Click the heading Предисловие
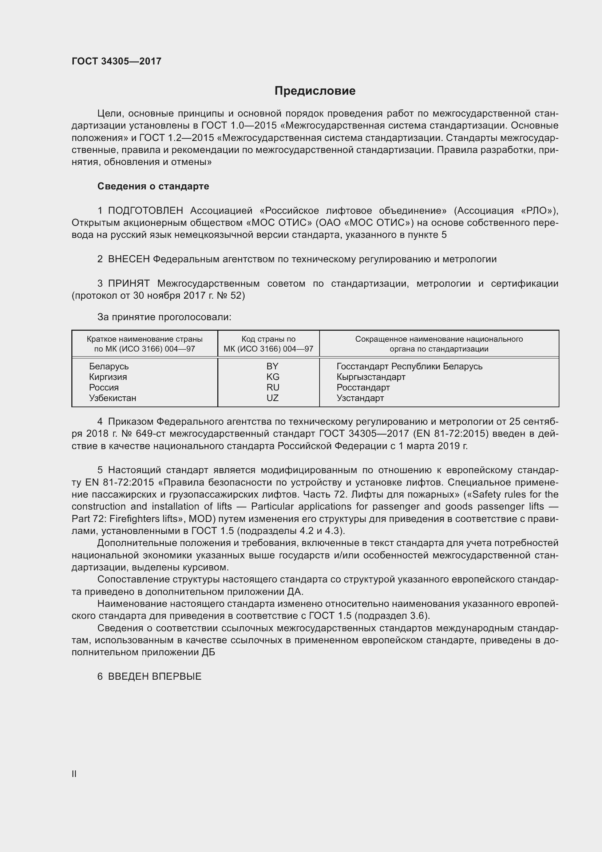(315, 91)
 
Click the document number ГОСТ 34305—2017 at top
(116, 61)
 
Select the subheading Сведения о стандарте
(153, 186)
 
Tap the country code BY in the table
(272, 366)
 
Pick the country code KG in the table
(273, 377)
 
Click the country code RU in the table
(273, 388)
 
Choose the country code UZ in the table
(273, 398)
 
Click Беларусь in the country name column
(108, 366)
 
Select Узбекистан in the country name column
(112, 398)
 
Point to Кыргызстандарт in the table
(371, 377)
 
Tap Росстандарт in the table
(363, 388)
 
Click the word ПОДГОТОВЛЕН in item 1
(145, 211)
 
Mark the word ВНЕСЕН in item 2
(128, 259)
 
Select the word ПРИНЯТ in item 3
(128, 283)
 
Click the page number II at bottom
(74, 774)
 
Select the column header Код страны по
(268, 339)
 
